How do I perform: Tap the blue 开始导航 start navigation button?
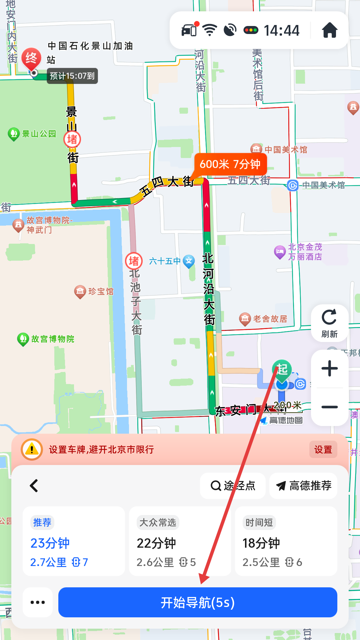pos(198,602)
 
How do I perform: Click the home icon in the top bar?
pos(330,30)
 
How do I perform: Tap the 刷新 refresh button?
pos(329,323)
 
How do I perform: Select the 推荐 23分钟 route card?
pos(74,541)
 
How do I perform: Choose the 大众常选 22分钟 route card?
pos(180,541)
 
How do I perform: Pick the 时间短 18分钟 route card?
pos(286,541)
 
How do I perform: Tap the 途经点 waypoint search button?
pos(233,486)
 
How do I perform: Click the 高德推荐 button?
pos(303,486)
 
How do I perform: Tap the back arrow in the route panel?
pos(34,486)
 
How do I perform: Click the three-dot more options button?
pos(38,602)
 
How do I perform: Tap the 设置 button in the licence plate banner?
pos(323,450)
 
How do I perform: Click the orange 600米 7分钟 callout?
pos(230,164)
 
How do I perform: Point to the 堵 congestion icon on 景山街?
pos(72,139)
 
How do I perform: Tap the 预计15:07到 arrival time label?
pos(72,76)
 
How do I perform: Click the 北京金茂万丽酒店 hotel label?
pos(305,252)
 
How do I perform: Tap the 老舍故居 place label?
pos(270,319)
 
